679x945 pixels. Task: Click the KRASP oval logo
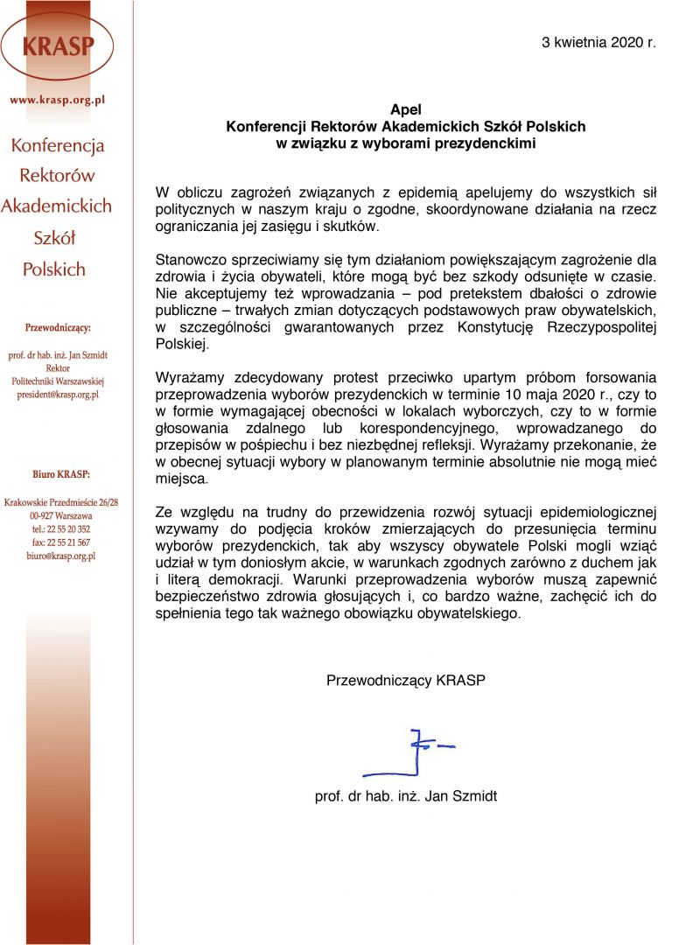pyautogui.click(x=58, y=44)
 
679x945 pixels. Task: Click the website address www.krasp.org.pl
pyautogui.click(x=58, y=100)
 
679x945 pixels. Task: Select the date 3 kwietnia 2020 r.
pyautogui.click(x=598, y=41)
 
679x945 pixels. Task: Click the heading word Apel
pyautogui.click(x=406, y=110)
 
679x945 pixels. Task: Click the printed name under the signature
pyautogui.click(x=406, y=796)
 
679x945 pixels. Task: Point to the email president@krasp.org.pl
pyautogui.click(x=58, y=395)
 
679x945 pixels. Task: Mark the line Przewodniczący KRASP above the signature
pyautogui.click(x=405, y=679)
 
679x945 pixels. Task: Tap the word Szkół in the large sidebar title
pyautogui.click(x=54, y=238)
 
